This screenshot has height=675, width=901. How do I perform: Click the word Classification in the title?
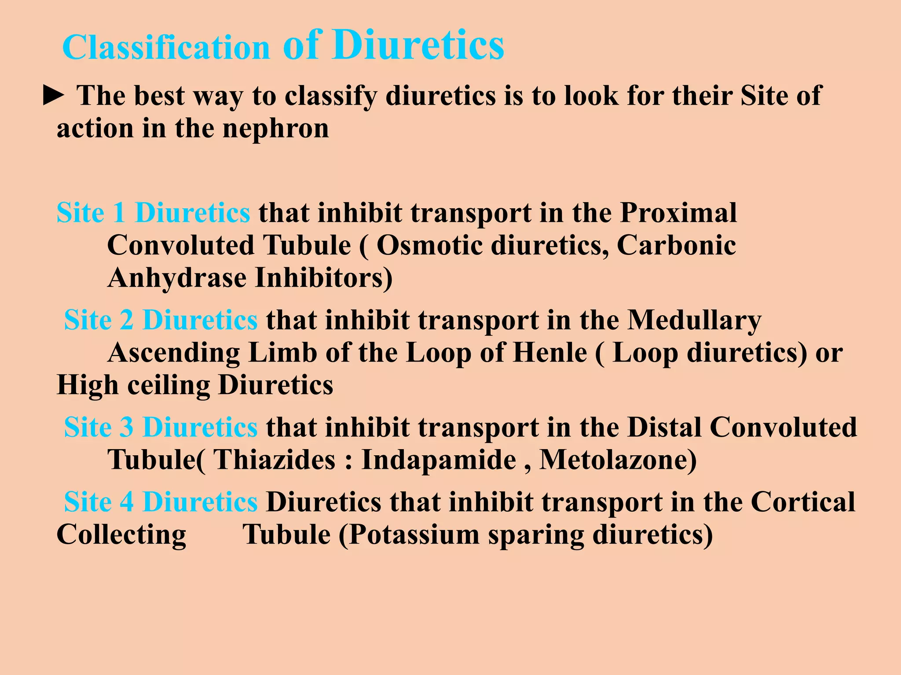point(166,47)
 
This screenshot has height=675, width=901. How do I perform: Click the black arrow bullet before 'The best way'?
point(54,96)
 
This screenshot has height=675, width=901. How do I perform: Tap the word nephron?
point(275,129)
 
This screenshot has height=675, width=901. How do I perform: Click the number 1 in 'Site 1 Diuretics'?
point(119,213)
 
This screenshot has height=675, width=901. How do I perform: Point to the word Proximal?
point(678,213)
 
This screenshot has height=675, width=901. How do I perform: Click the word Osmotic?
point(429,245)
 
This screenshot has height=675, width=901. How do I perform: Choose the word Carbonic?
point(676,245)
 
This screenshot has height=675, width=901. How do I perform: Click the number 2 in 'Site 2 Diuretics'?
point(127,320)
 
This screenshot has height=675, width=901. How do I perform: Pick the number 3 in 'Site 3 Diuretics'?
point(127,427)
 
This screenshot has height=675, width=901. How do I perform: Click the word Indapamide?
point(438,460)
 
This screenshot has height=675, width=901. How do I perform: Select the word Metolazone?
point(618,460)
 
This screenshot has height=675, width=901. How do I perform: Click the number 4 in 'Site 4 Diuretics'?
point(127,502)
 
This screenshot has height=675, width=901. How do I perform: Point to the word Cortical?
point(803,502)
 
